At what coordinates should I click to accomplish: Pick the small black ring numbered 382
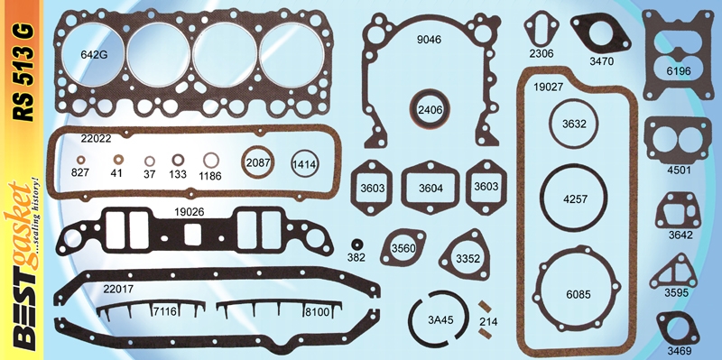click(x=357, y=245)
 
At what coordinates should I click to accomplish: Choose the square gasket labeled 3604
click(x=431, y=189)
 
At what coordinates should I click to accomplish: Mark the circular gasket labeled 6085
click(x=577, y=293)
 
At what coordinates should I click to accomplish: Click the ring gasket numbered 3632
click(x=574, y=123)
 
